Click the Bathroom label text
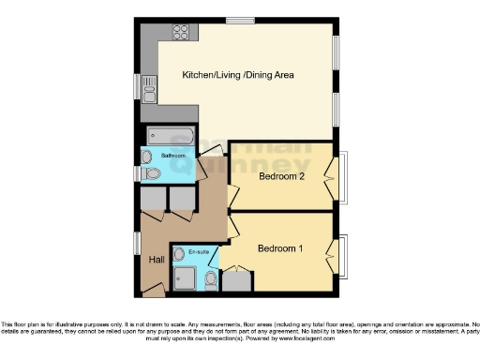pyautogui.click(x=172, y=155)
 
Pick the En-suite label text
pyautogui.click(x=199, y=252)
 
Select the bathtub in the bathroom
pyautogui.click(x=170, y=137)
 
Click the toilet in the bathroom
pyautogui.click(x=153, y=173)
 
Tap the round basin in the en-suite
pyautogui.click(x=179, y=254)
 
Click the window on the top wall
pyautogui.click(x=241, y=20)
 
